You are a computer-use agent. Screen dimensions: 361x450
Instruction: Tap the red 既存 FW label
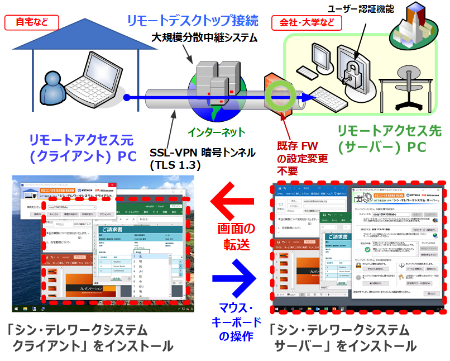pyautogui.click(x=301, y=145)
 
